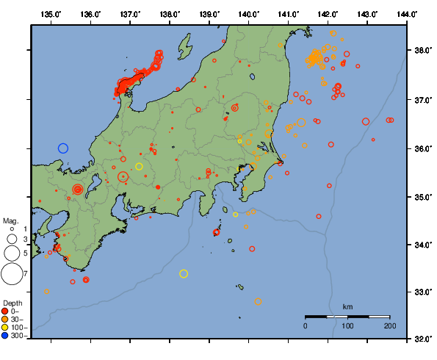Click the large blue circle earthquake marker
pyautogui.click(x=63, y=148)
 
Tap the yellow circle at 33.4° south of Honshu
pyautogui.click(x=184, y=274)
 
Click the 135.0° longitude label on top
pyautogui.click(x=51, y=14)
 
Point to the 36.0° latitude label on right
pyautogui.click(x=422, y=148)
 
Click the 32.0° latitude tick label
pyautogui.click(x=422, y=339)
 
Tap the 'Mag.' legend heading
pyautogui.click(x=10, y=220)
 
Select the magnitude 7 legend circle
pyautogui.click(x=11, y=275)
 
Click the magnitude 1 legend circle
pyautogui.click(x=12, y=228)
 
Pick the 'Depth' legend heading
pyautogui.click(x=12, y=303)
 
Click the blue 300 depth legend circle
pyautogui.click(x=6, y=335)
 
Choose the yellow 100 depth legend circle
pyautogui.click(x=6, y=327)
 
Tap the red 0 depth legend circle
pyautogui.click(x=6, y=311)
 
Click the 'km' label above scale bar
pyautogui.click(x=347, y=306)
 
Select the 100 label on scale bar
pyautogui.click(x=347, y=325)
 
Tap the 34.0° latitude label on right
pyautogui.click(x=422, y=245)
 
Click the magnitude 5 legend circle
pyautogui.click(x=11, y=253)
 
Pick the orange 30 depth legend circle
pyautogui.click(x=6, y=319)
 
